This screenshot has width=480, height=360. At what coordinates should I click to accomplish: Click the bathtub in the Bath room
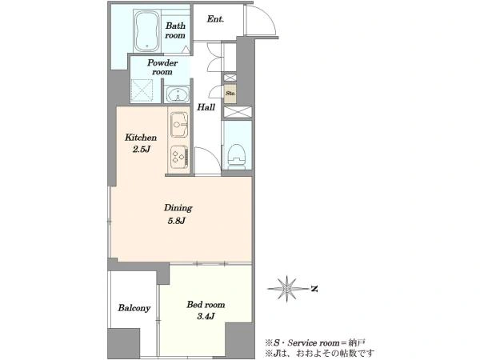[147, 31]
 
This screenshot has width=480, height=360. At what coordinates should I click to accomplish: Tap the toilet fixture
[238, 157]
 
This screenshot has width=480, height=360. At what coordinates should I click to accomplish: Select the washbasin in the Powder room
[178, 94]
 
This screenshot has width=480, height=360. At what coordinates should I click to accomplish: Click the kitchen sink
[179, 124]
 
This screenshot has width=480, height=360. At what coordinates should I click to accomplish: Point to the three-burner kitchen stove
[179, 157]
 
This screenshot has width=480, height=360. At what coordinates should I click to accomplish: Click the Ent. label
[215, 19]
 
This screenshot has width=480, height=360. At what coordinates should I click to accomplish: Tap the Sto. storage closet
[230, 93]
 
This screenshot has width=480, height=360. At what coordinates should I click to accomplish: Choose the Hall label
[206, 107]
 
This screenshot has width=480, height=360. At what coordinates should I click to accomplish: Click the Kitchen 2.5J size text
[142, 150]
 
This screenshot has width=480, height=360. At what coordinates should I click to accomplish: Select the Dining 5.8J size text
[177, 221]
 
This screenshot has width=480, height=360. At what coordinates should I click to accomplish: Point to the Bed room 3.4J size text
[206, 316]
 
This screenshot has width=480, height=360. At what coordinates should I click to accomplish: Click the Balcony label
[134, 308]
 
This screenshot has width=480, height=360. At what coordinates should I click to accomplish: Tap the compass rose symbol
[287, 289]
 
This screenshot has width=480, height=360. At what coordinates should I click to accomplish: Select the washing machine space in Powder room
[142, 90]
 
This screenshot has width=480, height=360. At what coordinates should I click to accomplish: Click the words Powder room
[162, 67]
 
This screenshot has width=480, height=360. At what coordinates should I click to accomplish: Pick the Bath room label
[175, 30]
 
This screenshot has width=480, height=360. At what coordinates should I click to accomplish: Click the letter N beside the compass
[314, 289]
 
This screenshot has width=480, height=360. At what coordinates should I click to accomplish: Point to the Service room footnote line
[315, 343]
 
